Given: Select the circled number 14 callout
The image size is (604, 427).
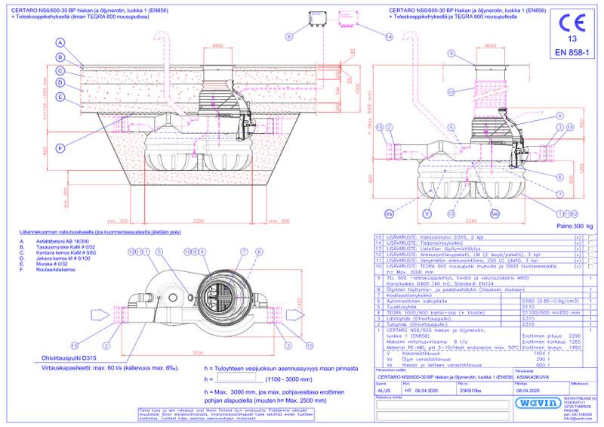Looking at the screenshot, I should click(389, 36).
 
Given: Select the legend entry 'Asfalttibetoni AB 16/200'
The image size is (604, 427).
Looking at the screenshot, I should click(57, 241).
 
